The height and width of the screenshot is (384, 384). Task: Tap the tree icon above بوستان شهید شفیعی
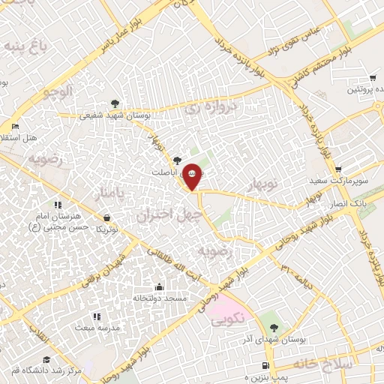114,103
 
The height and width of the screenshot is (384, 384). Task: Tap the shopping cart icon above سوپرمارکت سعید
339,169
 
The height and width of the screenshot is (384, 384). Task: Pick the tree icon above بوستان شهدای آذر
274,327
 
